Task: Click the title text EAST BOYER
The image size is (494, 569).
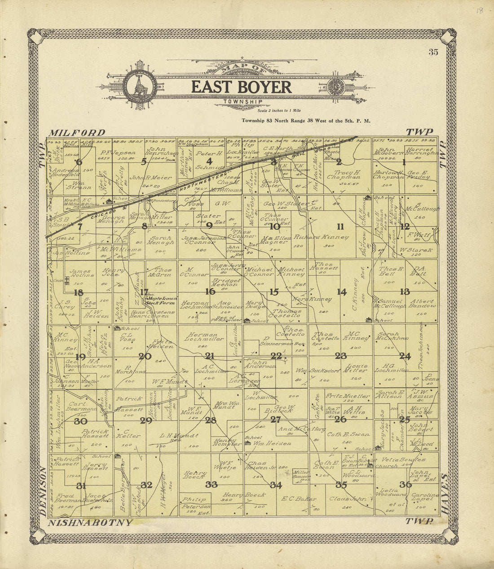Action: pyautogui.click(x=242, y=87)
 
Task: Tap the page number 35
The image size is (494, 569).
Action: pyautogui.click(x=433, y=52)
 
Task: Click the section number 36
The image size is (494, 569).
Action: pyautogui.click(x=405, y=484)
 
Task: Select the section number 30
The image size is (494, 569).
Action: pyautogui.click(x=80, y=421)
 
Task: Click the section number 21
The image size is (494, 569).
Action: pyautogui.click(x=209, y=356)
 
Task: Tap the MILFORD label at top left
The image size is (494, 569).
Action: pyautogui.click(x=77, y=132)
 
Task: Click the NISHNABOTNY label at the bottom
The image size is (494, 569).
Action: pyautogui.click(x=90, y=522)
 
